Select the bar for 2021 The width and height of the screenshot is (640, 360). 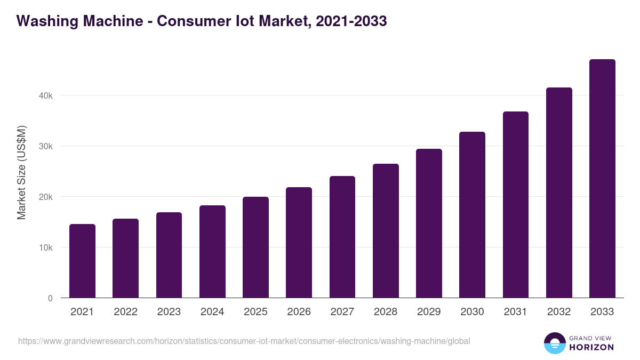pyautogui.click(x=82, y=261)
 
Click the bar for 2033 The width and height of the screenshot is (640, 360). pyautogui.click(x=602, y=179)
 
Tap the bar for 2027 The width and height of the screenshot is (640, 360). pyautogui.click(x=342, y=237)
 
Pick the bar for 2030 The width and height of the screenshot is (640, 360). pyautogui.click(x=472, y=215)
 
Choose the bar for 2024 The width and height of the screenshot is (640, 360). pyautogui.click(x=212, y=252)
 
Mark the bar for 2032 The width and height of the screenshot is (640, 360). pyautogui.click(x=559, y=193)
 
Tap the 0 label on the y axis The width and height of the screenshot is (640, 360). pyautogui.click(x=50, y=298)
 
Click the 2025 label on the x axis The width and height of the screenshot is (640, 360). pyautogui.click(x=255, y=312)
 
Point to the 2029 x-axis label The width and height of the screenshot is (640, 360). pyautogui.click(x=429, y=312)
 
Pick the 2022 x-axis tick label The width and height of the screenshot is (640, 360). pyautogui.click(x=125, y=312)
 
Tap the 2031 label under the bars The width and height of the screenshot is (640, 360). pyautogui.click(x=516, y=312)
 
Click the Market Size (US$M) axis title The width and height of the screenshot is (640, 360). pyautogui.click(x=21, y=173)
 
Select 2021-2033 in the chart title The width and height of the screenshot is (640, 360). pyautogui.click(x=351, y=21)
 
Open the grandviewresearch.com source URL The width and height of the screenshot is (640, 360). pyautogui.click(x=244, y=341)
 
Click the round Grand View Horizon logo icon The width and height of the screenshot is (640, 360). pyautogui.click(x=554, y=343)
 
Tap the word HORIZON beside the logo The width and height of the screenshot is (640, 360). pyautogui.click(x=591, y=347)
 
